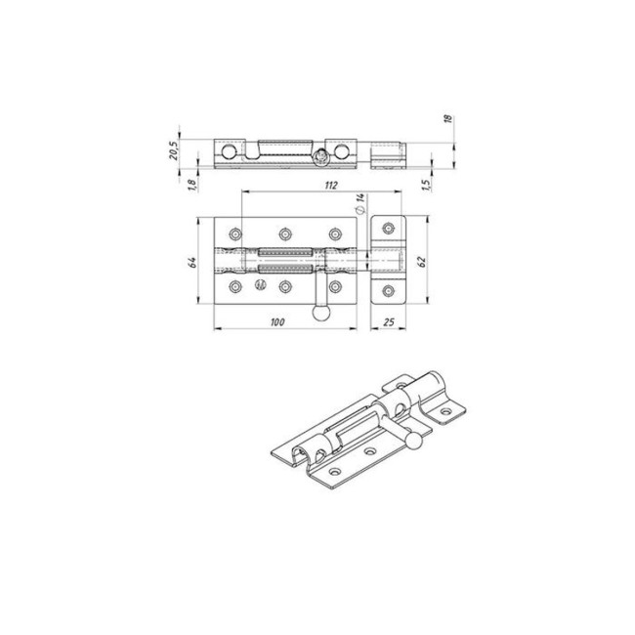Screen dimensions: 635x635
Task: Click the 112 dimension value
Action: pyautogui.click(x=331, y=185)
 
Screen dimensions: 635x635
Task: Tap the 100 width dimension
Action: pyautogui.click(x=277, y=322)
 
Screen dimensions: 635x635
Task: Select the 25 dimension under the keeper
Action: pyautogui.click(x=388, y=322)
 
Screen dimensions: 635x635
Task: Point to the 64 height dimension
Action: pyautogui.click(x=192, y=262)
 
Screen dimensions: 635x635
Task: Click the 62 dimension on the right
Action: pyautogui.click(x=421, y=262)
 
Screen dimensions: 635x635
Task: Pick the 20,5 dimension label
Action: pyautogui.click(x=173, y=150)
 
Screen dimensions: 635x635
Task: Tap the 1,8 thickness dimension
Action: pyautogui.click(x=191, y=185)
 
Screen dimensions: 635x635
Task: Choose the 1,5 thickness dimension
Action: pyautogui.click(x=425, y=185)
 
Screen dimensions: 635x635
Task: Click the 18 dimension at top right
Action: pyautogui.click(x=447, y=118)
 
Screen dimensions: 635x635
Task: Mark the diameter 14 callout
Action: pyautogui.click(x=360, y=203)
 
